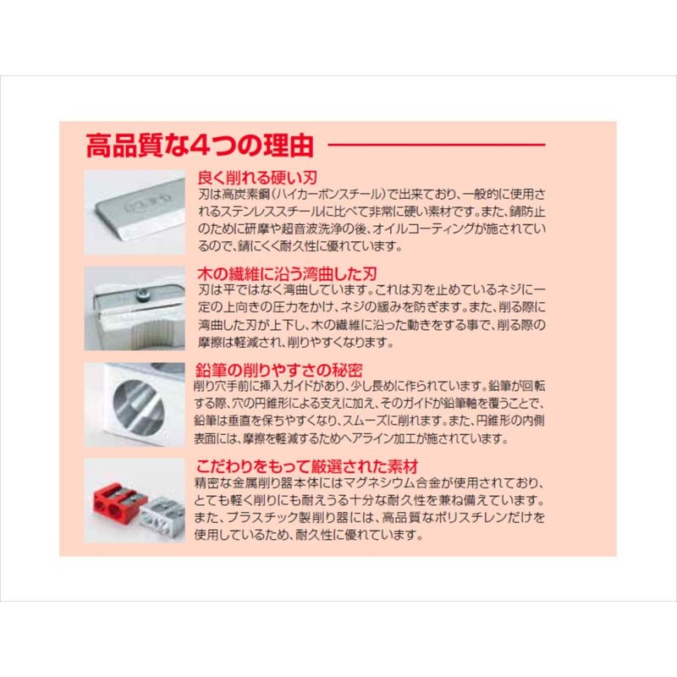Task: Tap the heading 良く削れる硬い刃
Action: [245, 179]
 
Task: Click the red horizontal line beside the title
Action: [471, 145]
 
